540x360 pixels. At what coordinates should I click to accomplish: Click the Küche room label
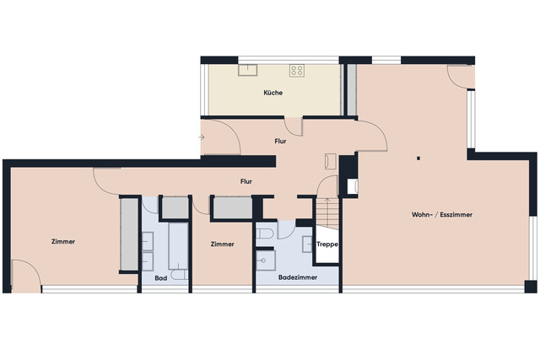pyautogui.click(x=273, y=93)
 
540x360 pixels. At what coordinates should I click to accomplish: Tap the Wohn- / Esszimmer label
pyautogui.click(x=441, y=215)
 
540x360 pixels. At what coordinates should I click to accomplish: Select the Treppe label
pyautogui.click(x=327, y=244)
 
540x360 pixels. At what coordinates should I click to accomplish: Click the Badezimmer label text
pyautogui.click(x=298, y=277)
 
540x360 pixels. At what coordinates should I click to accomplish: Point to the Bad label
pyautogui.click(x=160, y=277)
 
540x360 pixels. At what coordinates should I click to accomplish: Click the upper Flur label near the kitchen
pyautogui.click(x=280, y=141)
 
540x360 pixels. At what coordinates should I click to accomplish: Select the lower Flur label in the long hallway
pyautogui.click(x=246, y=180)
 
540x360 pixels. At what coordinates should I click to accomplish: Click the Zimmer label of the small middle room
pyautogui.click(x=222, y=244)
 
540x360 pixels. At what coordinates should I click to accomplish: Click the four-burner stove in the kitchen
pyautogui.click(x=297, y=70)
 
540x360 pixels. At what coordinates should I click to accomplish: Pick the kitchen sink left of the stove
pyautogui.click(x=249, y=70)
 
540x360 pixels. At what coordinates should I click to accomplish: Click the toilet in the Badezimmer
pyautogui.click(x=266, y=233)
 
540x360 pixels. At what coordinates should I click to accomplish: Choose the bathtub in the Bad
pyautogui.click(x=179, y=244)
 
